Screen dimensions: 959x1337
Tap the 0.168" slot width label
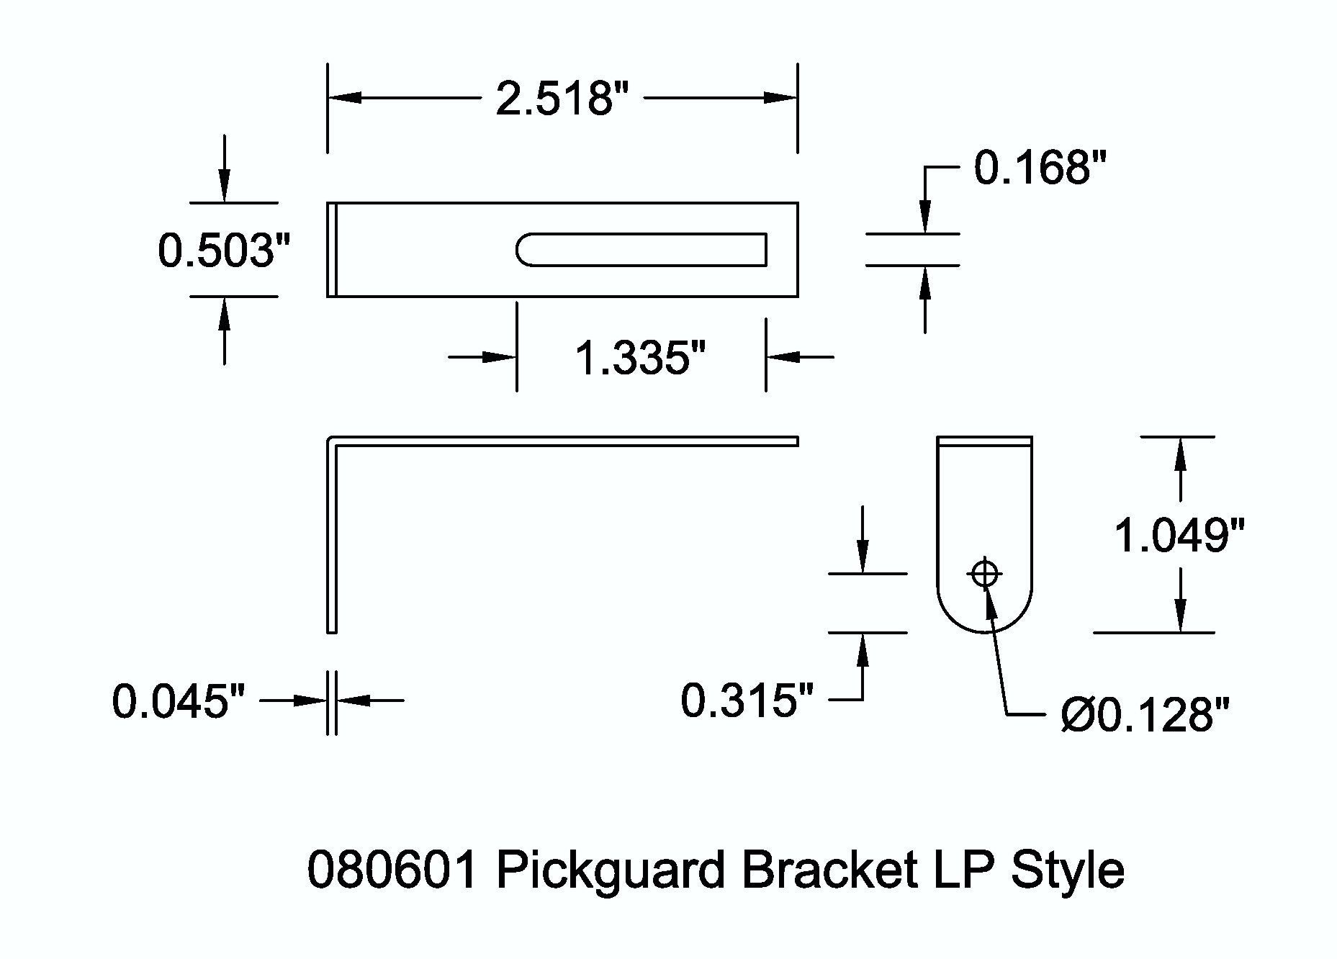(1040, 168)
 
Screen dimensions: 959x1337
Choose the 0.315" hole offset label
(747, 700)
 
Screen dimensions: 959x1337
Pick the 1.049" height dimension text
(1179, 535)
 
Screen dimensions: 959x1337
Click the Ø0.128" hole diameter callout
(1145, 716)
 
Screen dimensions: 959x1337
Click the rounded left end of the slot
(521, 250)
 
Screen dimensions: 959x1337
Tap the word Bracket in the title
(829, 870)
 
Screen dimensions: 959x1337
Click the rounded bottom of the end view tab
(984, 626)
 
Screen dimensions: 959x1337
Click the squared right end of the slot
(765, 250)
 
